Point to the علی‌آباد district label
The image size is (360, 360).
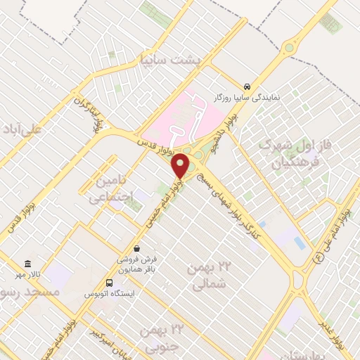pos(21,130)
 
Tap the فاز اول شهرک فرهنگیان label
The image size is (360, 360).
pos(290,155)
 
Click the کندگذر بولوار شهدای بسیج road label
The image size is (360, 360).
pos(232,204)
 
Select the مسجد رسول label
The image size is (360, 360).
pos(20,291)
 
